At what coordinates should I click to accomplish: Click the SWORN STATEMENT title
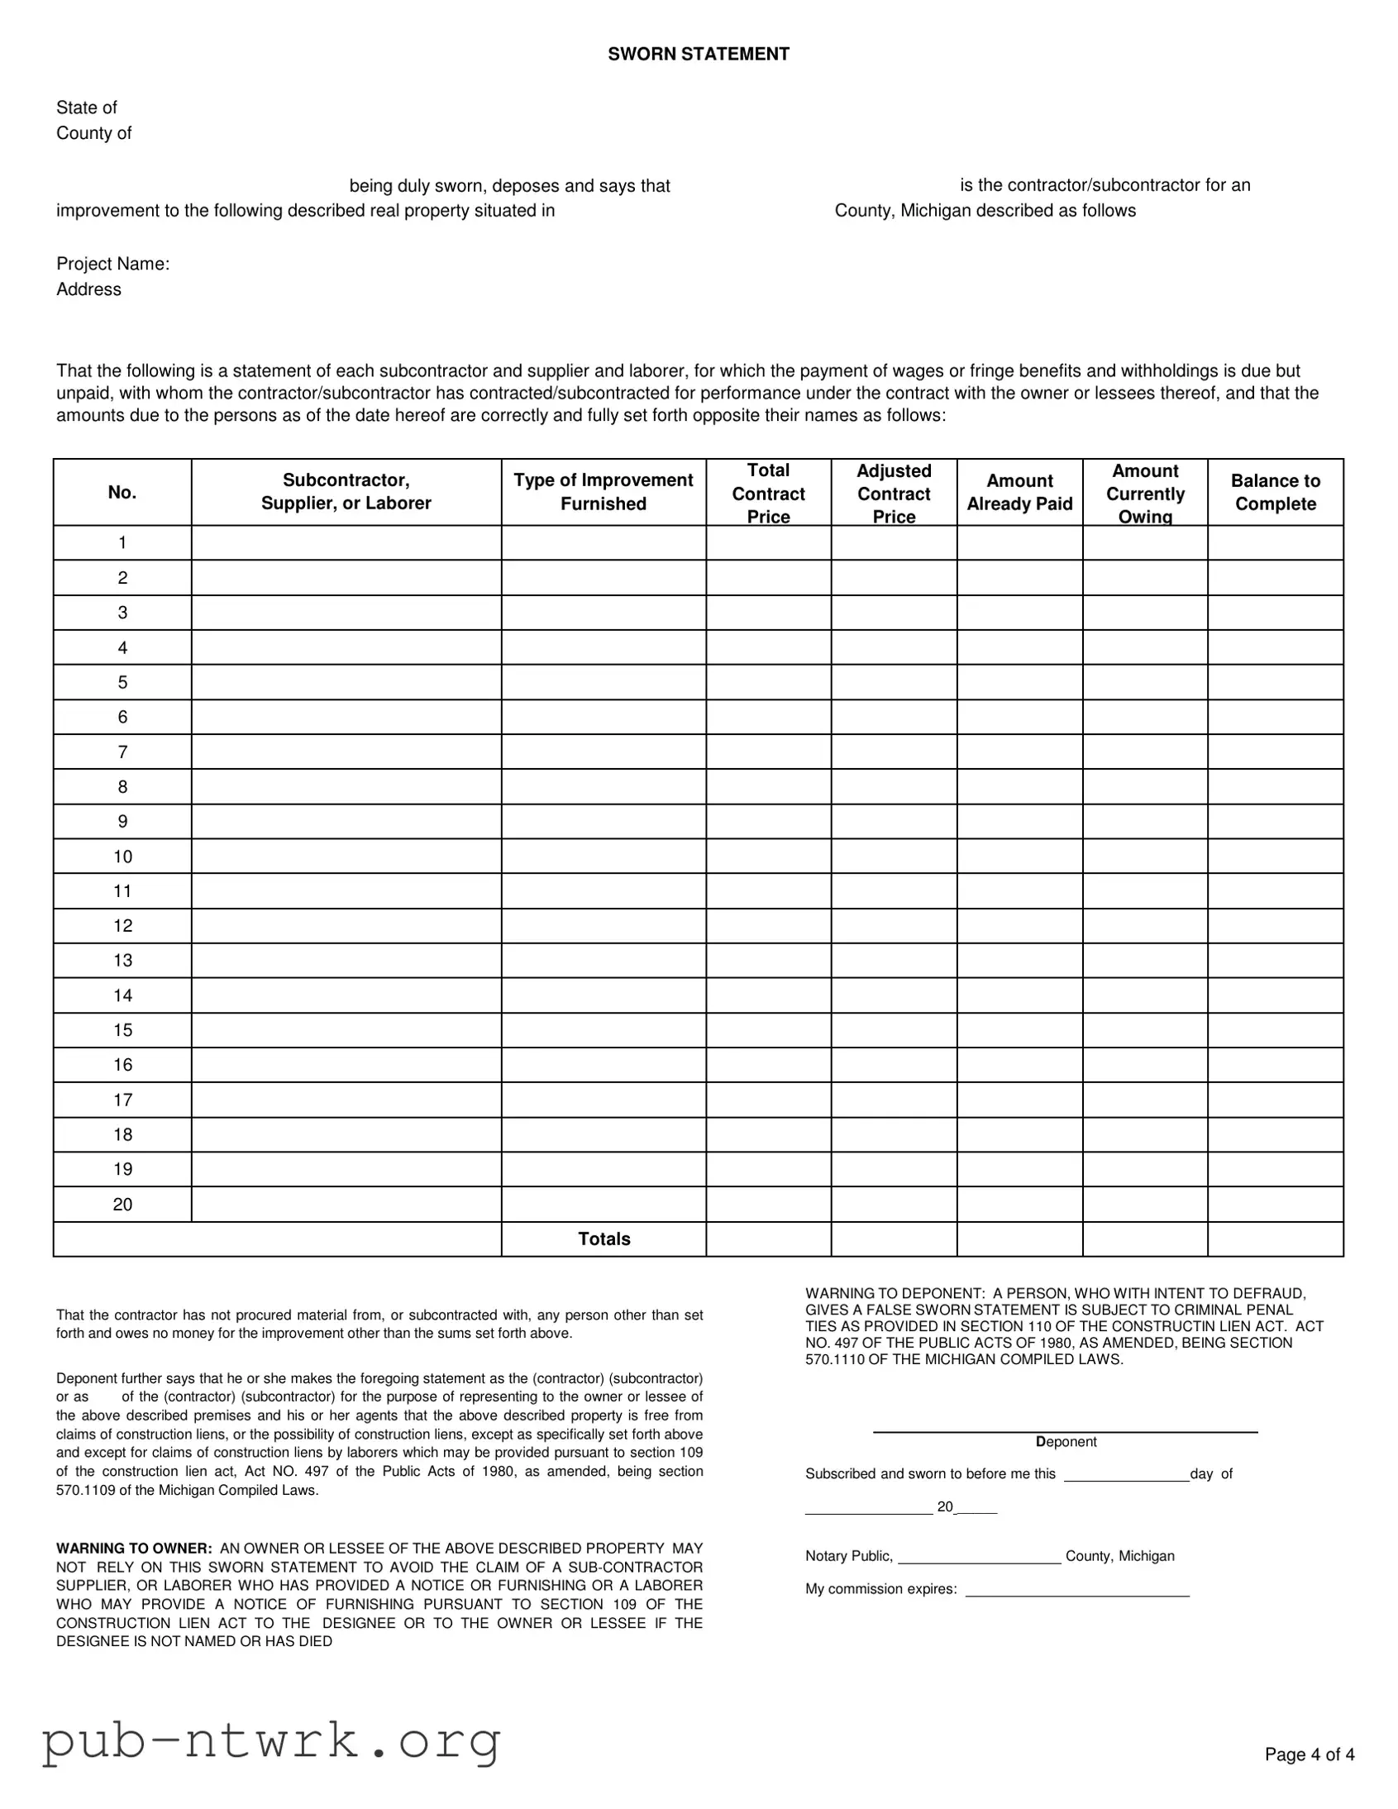tap(698, 54)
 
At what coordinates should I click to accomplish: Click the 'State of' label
tap(86, 107)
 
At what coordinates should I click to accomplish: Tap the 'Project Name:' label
tap(112, 264)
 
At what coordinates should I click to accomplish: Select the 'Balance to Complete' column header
tap(1275, 492)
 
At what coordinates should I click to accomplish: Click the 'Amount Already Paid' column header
tap(1019, 492)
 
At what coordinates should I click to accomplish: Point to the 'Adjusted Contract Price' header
tap(894, 493)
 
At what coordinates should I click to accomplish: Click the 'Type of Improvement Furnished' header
tap(603, 492)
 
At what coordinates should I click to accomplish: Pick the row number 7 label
tap(122, 752)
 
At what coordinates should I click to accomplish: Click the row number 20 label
tap(122, 1205)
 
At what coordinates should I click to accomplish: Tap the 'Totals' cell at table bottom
tap(604, 1239)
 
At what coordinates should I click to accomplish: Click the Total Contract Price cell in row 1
tap(768, 543)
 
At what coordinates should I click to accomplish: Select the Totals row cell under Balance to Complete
tap(1275, 1239)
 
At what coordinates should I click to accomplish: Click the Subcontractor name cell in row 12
tap(346, 926)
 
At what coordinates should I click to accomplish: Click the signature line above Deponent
tap(1065, 1431)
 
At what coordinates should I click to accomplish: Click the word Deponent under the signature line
tap(1066, 1442)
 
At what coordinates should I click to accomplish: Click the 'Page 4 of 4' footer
tap(1310, 1754)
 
